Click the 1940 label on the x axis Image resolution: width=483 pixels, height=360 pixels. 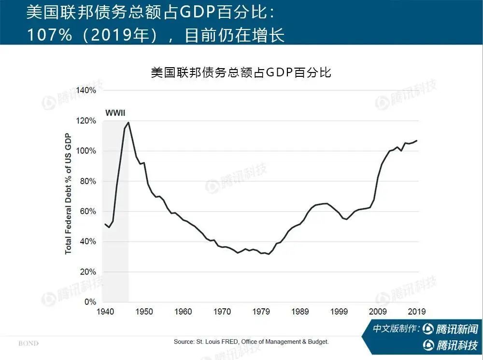point(105,312)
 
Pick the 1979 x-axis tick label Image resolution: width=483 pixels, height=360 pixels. point(261,312)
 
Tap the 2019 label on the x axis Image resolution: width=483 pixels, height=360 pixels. point(416,312)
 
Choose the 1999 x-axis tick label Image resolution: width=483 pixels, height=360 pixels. point(339,312)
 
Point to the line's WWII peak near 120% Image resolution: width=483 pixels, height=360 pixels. point(128,122)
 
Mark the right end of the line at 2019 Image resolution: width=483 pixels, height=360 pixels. point(416,141)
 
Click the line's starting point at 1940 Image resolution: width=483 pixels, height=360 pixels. point(105,224)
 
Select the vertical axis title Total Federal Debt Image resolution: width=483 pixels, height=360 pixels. point(68,193)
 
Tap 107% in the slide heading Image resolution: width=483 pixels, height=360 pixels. point(46,35)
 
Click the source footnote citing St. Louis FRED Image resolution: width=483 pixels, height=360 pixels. point(251,342)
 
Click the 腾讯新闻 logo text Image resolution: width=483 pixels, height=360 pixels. point(456,329)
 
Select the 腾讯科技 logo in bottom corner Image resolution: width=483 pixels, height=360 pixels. point(456,345)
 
